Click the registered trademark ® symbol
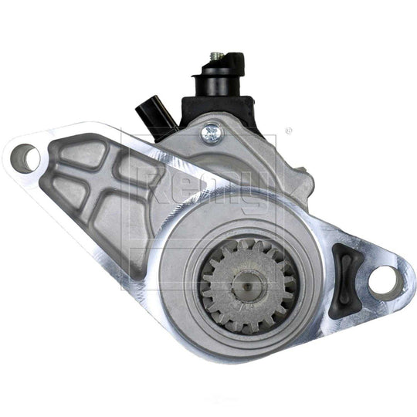288,132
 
